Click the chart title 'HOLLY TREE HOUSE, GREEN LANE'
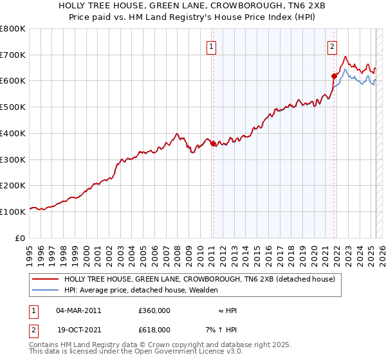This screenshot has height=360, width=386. click(192, 6)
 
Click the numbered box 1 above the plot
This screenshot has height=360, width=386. click(212, 46)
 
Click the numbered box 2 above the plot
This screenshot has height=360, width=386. click(332, 46)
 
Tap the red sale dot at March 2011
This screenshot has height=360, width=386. click(213, 143)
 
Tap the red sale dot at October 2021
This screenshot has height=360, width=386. click(334, 76)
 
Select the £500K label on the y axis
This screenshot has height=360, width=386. click(13, 107)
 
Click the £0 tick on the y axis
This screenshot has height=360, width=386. click(21, 238)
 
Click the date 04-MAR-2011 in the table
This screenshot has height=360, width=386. click(79, 310)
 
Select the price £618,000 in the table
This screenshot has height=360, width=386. click(154, 329)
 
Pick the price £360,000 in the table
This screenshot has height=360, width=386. click(154, 310)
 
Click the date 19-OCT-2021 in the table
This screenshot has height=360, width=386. click(79, 329)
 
